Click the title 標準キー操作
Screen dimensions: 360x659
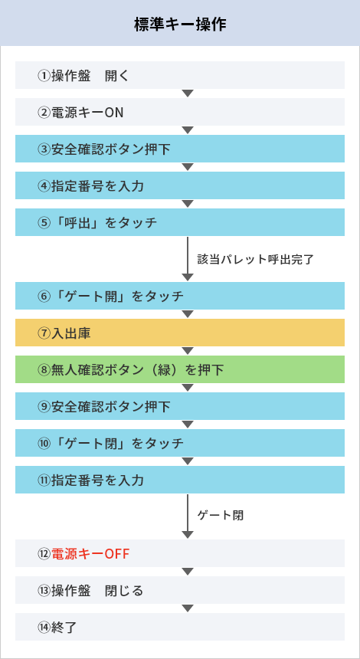tap(180, 24)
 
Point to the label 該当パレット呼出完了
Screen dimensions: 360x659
tap(255, 259)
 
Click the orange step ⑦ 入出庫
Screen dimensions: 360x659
tap(180, 333)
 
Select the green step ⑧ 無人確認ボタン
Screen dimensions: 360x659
tap(180, 370)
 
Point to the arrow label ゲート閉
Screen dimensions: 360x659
tap(221, 516)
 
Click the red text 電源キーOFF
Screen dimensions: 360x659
tap(90, 554)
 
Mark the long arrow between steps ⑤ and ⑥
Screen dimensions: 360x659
tap(188, 259)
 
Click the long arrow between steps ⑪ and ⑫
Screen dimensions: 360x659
tap(188, 516)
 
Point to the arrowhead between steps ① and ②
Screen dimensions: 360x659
tap(188, 93)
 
